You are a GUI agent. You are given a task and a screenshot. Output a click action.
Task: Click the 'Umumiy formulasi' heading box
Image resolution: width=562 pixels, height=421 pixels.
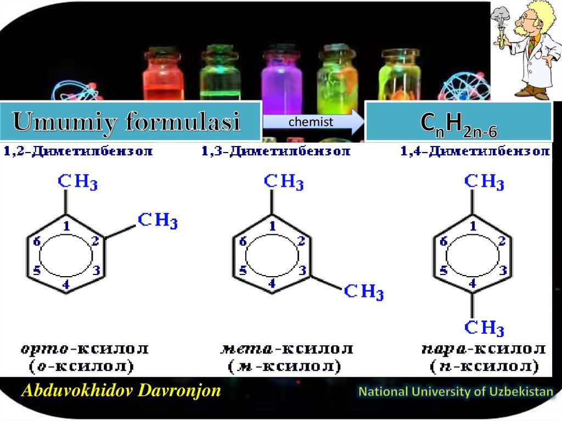[x=131, y=121]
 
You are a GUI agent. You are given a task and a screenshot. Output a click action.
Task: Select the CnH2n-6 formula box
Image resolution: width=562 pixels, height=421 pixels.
[x=458, y=121]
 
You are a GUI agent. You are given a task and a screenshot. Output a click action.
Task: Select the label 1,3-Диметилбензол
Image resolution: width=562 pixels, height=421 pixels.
[x=276, y=151]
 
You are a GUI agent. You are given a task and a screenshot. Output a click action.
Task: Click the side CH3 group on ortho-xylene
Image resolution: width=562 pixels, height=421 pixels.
[x=158, y=221]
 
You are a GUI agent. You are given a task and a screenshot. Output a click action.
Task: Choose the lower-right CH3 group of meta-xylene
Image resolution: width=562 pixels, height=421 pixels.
[x=363, y=292]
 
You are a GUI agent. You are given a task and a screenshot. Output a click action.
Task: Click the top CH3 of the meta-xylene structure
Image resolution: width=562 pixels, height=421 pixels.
[x=284, y=182]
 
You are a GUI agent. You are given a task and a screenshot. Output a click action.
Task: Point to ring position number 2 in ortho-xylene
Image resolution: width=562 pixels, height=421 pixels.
[x=94, y=240]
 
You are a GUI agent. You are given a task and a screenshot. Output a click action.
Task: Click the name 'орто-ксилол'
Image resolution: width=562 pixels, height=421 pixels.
[x=85, y=349]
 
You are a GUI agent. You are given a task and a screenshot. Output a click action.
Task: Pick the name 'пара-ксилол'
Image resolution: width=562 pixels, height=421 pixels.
[x=484, y=349]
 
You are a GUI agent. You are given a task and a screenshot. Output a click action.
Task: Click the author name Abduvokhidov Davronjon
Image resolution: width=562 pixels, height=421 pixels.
[x=121, y=391]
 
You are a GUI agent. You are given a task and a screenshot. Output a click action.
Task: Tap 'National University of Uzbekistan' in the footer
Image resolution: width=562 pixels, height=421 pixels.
[x=456, y=391]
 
